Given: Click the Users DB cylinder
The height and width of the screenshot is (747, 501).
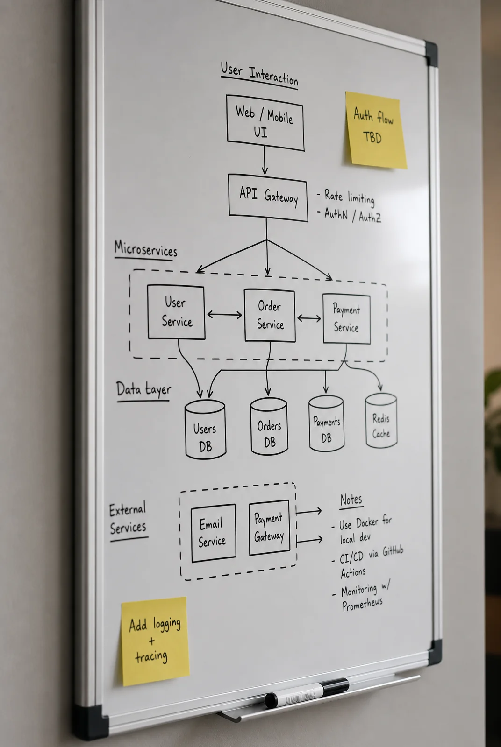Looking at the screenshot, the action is (x=205, y=429).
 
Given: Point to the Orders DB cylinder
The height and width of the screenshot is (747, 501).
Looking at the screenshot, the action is (x=269, y=426).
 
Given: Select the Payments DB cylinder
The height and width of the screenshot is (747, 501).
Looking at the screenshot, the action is (x=326, y=423).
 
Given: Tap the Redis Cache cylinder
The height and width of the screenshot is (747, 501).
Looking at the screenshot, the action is (x=381, y=420).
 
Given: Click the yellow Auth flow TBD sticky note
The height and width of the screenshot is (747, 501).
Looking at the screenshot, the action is (x=375, y=130).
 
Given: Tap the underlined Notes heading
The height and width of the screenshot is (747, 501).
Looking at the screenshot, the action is (x=351, y=500).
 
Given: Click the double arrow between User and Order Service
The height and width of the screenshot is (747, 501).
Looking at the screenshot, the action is (x=224, y=314).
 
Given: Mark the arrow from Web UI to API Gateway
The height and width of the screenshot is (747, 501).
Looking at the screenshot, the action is (x=265, y=161).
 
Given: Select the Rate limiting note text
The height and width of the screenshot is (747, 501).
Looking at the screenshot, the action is (x=349, y=197).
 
